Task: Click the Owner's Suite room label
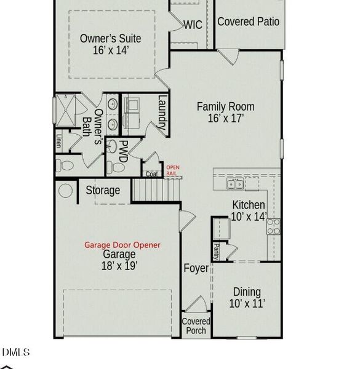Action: click(x=110, y=38)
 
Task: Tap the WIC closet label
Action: click(x=193, y=25)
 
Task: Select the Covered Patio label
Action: click(x=248, y=22)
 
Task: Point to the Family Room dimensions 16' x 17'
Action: click(x=225, y=118)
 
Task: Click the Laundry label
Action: click(x=162, y=113)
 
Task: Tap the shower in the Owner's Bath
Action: click(x=65, y=111)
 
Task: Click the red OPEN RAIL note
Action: click(x=172, y=170)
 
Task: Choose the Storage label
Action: click(x=102, y=190)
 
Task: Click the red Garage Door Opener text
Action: click(x=122, y=245)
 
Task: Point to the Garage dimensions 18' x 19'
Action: click(x=119, y=266)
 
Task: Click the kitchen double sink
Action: click(x=234, y=183)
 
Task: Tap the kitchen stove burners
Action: click(x=273, y=226)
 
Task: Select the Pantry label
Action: click(x=217, y=250)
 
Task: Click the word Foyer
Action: click(x=196, y=269)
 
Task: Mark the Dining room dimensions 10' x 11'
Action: click(x=246, y=303)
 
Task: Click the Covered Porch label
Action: click(x=196, y=326)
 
